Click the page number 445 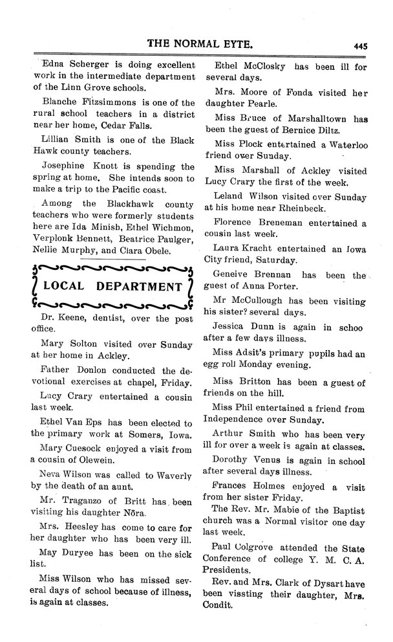pyautogui.click(x=360, y=45)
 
